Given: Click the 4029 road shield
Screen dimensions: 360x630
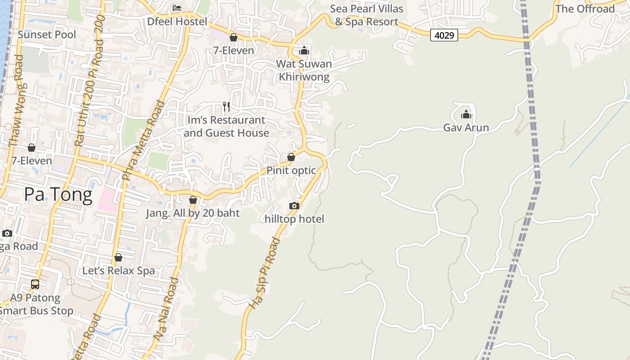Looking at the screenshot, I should point(444,35).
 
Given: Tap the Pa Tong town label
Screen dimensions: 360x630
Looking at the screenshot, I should point(58,194).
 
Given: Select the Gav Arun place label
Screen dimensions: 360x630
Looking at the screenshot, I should point(466,128).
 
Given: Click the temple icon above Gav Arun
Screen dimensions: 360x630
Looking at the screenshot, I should point(466,115).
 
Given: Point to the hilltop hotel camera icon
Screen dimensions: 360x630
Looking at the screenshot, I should point(294,206).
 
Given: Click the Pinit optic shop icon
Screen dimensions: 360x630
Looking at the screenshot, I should point(291,157).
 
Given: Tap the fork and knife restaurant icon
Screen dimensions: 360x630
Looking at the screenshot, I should point(226,107).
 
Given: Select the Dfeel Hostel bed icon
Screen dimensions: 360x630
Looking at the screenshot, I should point(177,8).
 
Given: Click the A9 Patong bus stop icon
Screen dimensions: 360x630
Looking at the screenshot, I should point(35,284).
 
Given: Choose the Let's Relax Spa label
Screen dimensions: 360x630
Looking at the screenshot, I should point(118,271).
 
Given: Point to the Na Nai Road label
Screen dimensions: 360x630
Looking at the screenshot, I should point(167,308).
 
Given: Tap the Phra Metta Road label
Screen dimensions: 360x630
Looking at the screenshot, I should point(143,140).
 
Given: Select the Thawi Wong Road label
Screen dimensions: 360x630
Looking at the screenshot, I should point(16,101).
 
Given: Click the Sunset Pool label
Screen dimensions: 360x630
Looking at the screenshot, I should point(47,35).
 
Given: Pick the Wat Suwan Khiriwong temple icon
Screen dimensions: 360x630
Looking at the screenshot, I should point(304,50).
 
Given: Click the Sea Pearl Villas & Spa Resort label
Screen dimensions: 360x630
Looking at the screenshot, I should point(366,15).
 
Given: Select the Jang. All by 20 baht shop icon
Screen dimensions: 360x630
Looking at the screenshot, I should point(193,200).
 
